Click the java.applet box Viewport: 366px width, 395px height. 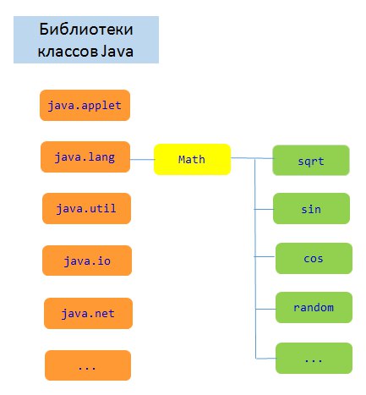pyautogui.click(x=85, y=105)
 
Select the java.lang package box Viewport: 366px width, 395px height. pyautogui.click(x=85, y=156)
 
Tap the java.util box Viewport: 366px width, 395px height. pyautogui.click(x=86, y=208)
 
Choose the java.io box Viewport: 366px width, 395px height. pyautogui.click(x=87, y=261)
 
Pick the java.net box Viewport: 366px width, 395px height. pyautogui.click(x=88, y=313)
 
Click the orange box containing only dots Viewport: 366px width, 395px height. pyautogui.click(x=88, y=365)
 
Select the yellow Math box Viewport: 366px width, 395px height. pyautogui.click(x=192, y=159)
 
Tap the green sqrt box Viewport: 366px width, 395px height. pyautogui.click(x=311, y=161)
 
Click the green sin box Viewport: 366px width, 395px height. pyautogui.click(x=311, y=209)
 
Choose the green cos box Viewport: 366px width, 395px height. pyautogui.click(x=314, y=258)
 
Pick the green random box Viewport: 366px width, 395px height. pyautogui.click(x=314, y=307)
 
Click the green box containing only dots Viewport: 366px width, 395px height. pyautogui.click(x=314, y=359)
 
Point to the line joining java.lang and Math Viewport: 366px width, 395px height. pyautogui.click(x=142, y=160)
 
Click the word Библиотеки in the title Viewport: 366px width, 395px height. pyautogui.click(x=86, y=29)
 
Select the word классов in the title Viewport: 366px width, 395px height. pyautogui.click(x=68, y=52)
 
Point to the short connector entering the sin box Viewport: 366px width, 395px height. pyautogui.click(x=264, y=209)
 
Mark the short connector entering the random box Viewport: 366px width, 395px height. pyautogui.click(x=265, y=309)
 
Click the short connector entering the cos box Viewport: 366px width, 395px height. pyautogui.click(x=265, y=256)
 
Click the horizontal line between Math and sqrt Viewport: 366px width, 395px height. pyautogui.click(x=252, y=158)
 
